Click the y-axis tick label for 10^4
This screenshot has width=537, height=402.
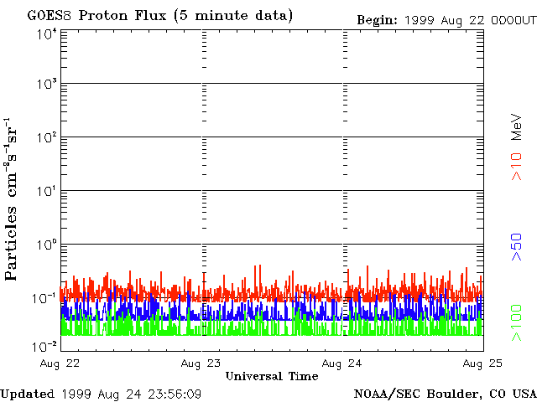coord(46,34)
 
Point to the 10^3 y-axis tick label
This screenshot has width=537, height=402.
coord(46,85)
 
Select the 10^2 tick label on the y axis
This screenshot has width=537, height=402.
coord(46,137)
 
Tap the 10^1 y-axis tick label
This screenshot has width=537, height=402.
coord(46,191)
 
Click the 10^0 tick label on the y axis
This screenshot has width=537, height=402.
coord(46,245)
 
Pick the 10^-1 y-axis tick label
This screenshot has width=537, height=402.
coord(44,298)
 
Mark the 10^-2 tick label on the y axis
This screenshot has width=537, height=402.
coord(44,345)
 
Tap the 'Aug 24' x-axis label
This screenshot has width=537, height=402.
coord(343,363)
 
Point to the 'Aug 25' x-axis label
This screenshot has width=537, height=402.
coord(483,363)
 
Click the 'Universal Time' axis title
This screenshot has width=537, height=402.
coord(272,376)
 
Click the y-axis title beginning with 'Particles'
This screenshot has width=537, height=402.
coord(14,219)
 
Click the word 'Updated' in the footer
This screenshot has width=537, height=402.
coord(28,394)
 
